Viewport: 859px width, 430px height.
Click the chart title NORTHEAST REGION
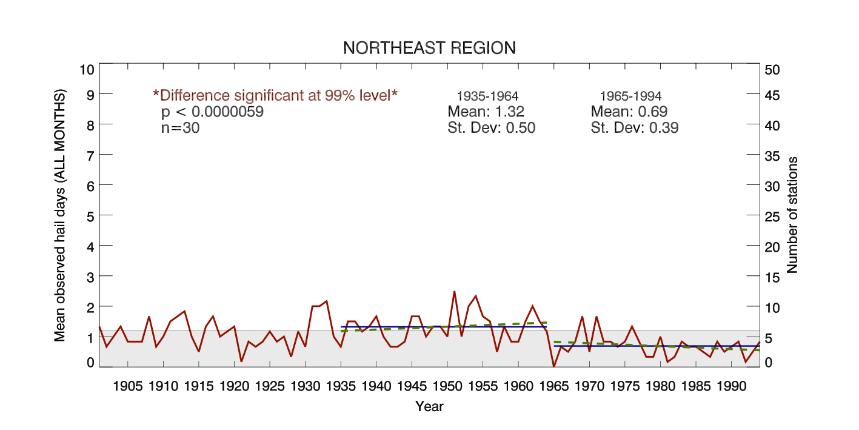[x=429, y=48]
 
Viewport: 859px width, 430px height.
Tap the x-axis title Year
[x=429, y=406]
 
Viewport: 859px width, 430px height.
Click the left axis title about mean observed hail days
[x=60, y=215]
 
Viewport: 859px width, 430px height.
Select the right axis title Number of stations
[x=792, y=215]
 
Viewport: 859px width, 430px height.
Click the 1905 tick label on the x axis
[x=128, y=386]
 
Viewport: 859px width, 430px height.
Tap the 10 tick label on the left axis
[x=87, y=69]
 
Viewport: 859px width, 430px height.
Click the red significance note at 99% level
[x=275, y=95]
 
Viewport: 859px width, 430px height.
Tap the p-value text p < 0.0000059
[x=212, y=112]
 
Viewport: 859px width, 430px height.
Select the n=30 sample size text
[x=180, y=128]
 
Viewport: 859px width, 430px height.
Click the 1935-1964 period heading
[x=487, y=96]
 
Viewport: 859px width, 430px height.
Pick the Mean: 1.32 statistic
[x=486, y=112]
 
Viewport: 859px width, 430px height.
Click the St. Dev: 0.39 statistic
[x=635, y=128]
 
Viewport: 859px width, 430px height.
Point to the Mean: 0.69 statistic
[x=629, y=112]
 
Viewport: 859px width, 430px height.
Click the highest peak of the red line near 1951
[x=454, y=292]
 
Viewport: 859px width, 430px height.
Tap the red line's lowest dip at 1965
[x=554, y=366]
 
